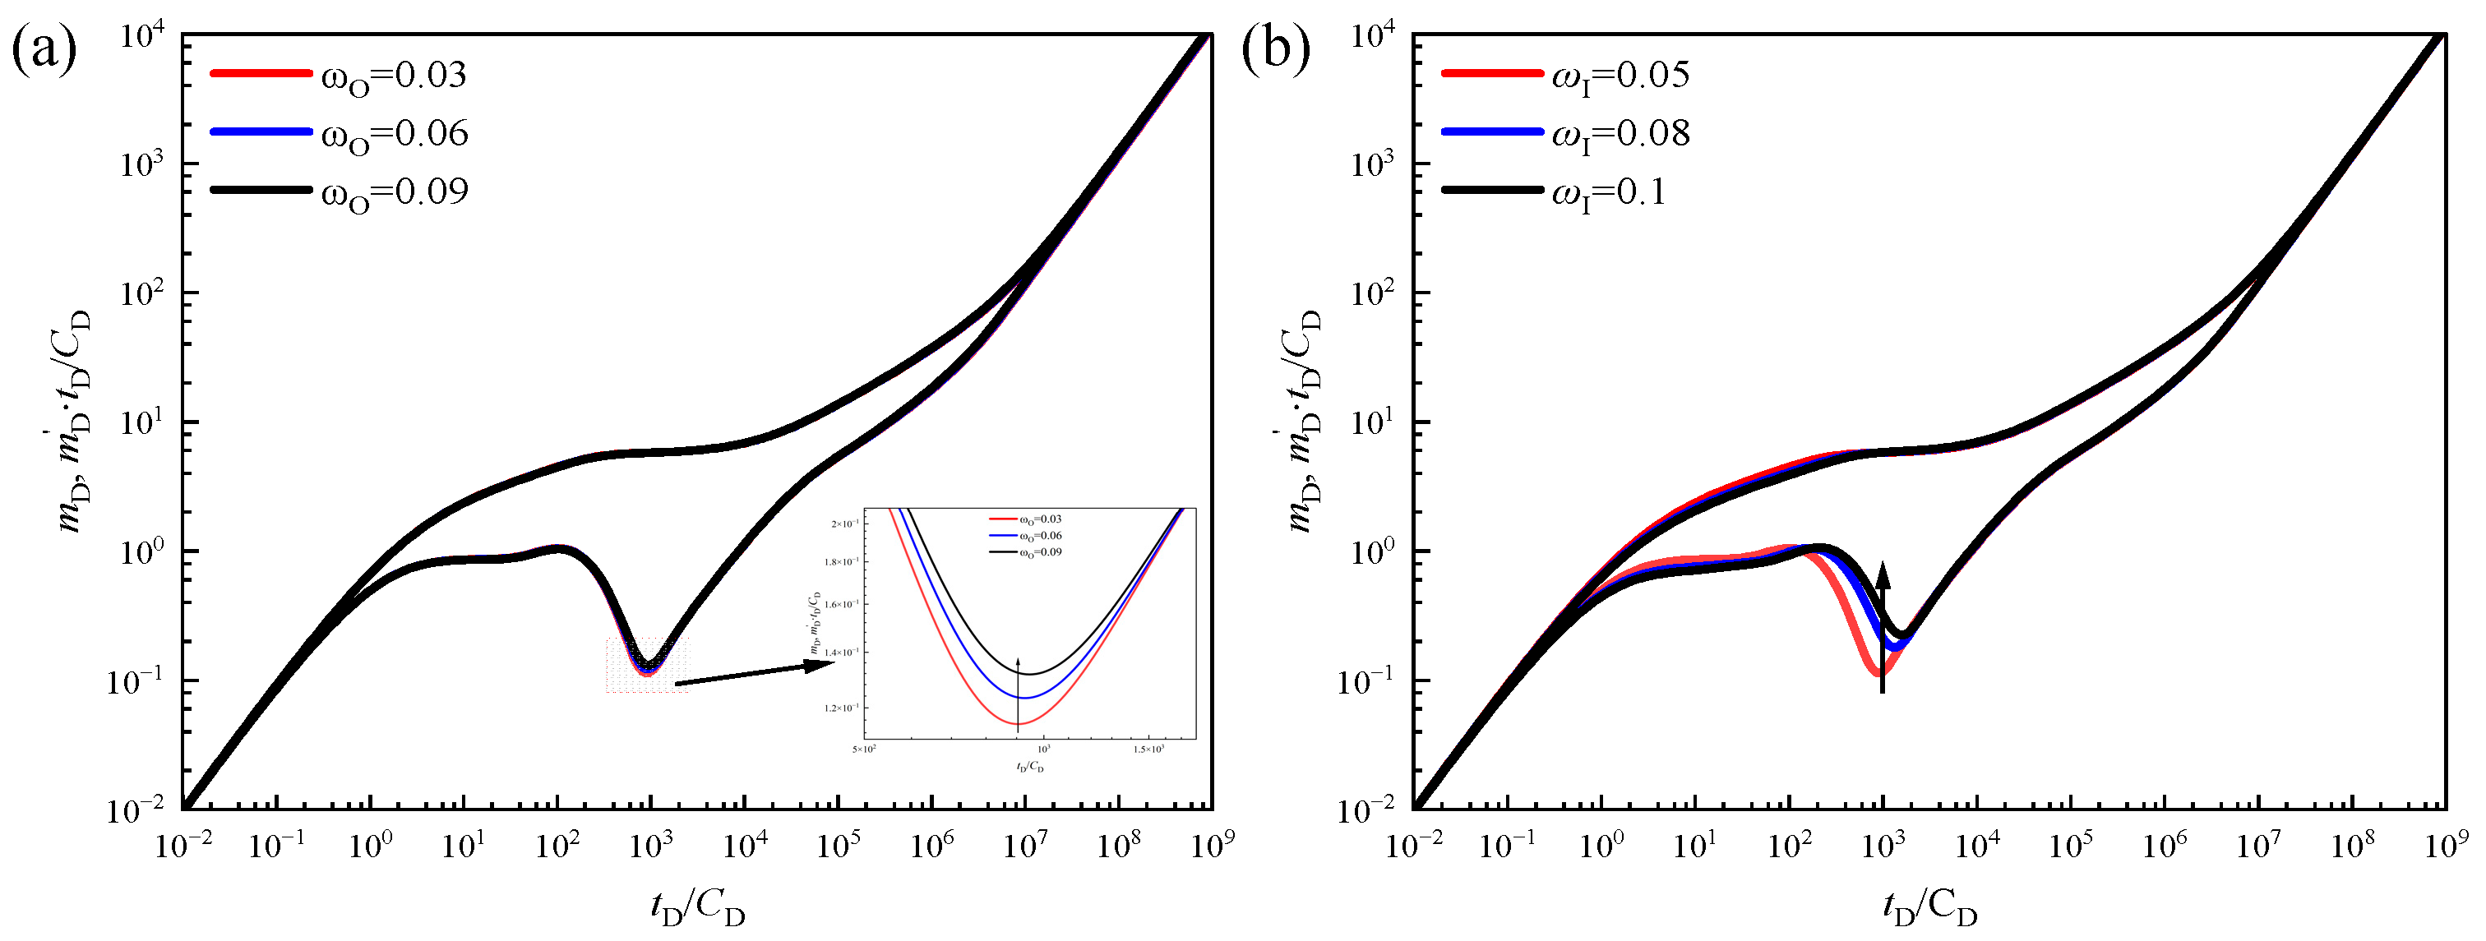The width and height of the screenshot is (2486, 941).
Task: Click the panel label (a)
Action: [x=44, y=50]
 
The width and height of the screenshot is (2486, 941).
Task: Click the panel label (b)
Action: [x=1275, y=50]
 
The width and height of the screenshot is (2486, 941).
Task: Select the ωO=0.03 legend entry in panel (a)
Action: [x=394, y=76]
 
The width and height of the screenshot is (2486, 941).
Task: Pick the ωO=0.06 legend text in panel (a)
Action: [x=395, y=134]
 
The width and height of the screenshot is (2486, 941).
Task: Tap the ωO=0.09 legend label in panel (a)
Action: [x=395, y=192]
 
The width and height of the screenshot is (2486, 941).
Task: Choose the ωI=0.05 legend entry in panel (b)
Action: [x=1620, y=76]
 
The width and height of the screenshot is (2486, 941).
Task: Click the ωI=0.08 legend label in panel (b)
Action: [x=1620, y=134]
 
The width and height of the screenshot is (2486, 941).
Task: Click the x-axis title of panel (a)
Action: [x=698, y=908]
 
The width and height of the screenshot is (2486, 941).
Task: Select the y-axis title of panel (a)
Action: [x=73, y=422]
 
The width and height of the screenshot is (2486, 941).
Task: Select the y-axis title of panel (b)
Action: [x=1304, y=422]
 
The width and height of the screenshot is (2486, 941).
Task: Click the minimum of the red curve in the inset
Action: [x=1018, y=723]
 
